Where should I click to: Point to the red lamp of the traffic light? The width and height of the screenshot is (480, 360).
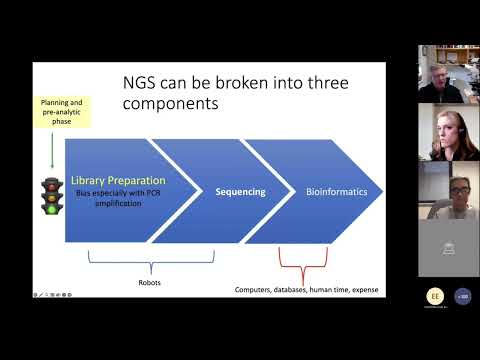click(51, 182)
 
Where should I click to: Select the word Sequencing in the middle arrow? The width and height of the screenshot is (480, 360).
click(240, 191)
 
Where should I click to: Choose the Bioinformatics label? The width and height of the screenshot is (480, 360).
click(335, 191)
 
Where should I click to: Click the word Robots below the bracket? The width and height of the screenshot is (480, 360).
click(149, 281)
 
